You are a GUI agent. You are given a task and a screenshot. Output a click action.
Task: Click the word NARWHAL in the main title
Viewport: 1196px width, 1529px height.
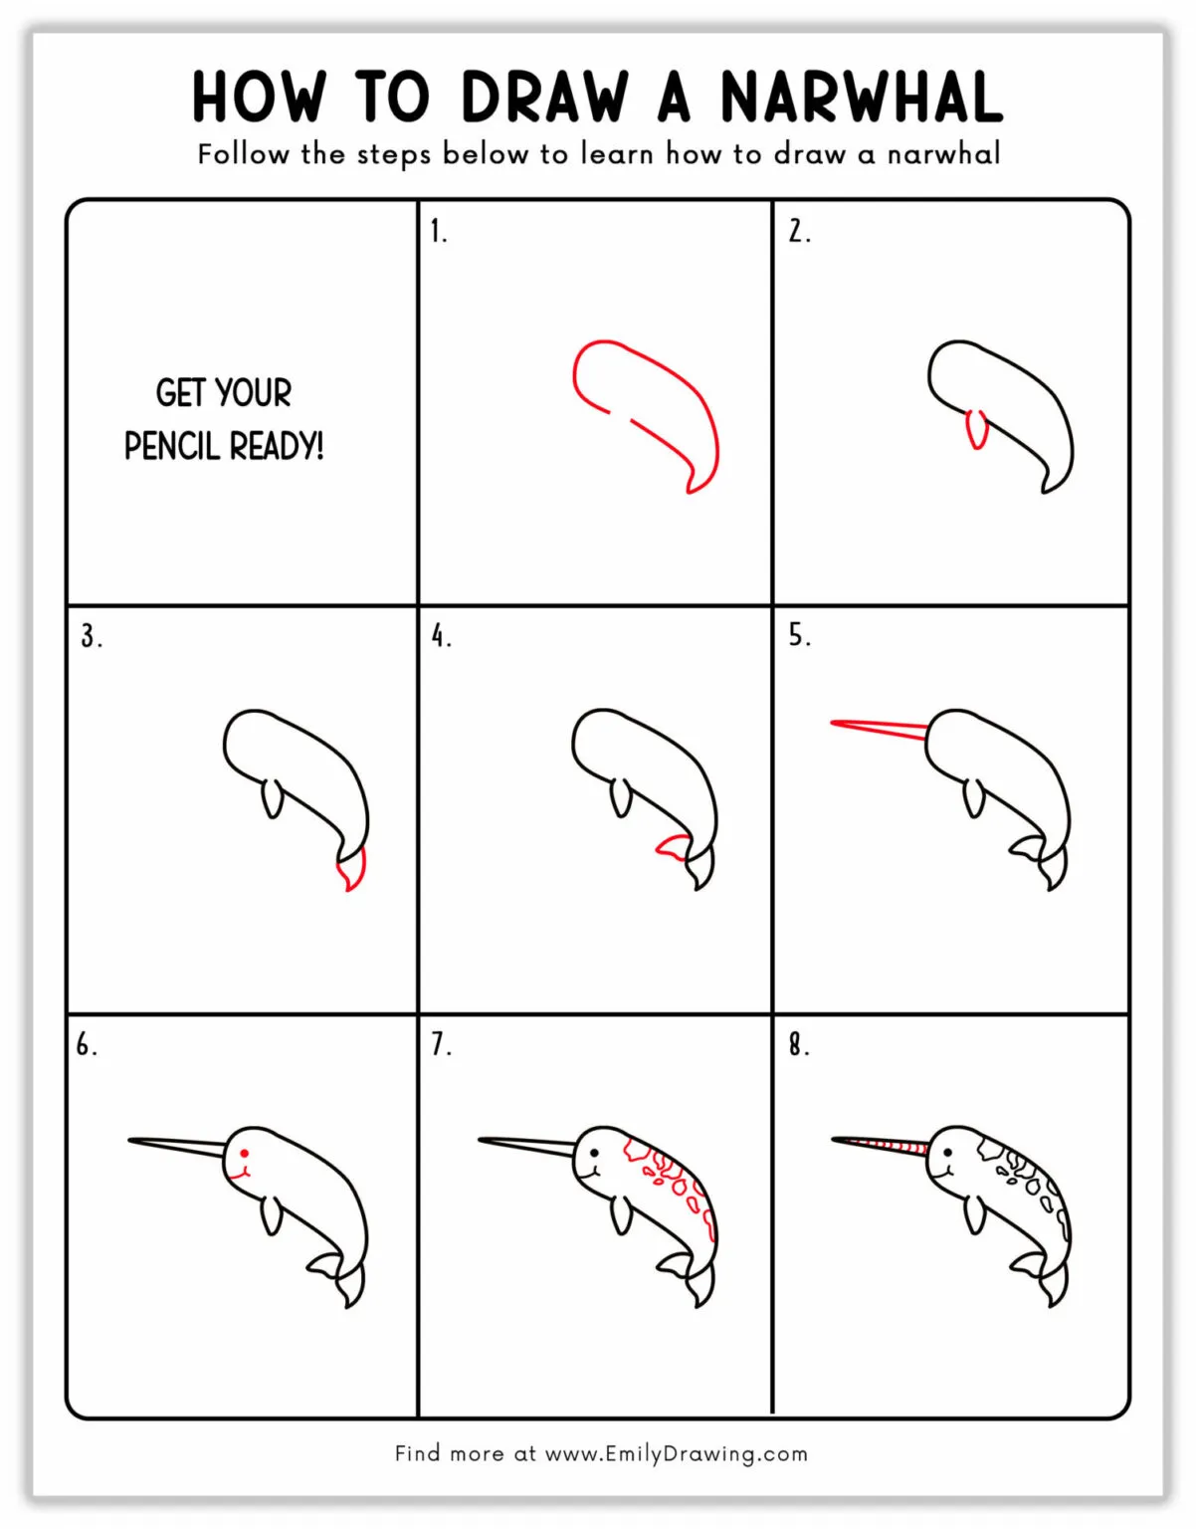tap(862, 98)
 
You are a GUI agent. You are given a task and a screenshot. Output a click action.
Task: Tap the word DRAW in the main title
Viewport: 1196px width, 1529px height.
tap(545, 98)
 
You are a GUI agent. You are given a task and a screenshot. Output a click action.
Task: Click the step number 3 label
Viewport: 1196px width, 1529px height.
tap(91, 636)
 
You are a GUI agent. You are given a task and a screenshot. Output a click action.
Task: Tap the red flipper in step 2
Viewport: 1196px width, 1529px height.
tap(977, 429)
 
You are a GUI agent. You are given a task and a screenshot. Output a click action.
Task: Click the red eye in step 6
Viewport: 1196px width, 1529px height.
tap(244, 1154)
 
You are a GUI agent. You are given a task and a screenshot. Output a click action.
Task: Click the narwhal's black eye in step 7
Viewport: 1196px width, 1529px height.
tap(594, 1154)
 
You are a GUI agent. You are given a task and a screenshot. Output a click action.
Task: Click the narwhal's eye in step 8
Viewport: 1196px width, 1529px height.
tap(947, 1154)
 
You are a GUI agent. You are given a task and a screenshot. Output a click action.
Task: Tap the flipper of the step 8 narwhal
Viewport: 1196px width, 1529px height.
tap(972, 1214)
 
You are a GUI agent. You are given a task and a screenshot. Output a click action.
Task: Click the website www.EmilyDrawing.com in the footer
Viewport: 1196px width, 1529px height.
tap(677, 1453)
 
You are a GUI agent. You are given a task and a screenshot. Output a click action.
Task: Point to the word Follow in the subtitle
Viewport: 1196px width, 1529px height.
tap(243, 154)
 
